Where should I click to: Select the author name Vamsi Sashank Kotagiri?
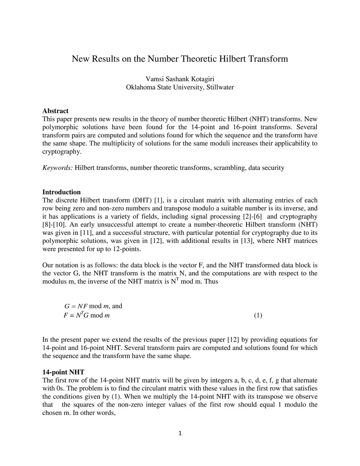(x=180, y=79)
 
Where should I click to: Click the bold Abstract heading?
(x=55, y=111)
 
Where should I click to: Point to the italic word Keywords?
(x=57, y=168)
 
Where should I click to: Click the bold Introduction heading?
(x=62, y=192)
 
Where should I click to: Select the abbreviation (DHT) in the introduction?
(x=142, y=200)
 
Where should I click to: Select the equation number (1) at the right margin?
(x=258, y=315)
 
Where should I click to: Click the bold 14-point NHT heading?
(x=63, y=372)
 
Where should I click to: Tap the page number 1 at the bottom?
(x=180, y=433)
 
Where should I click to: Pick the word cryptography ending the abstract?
(x=62, y=152)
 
